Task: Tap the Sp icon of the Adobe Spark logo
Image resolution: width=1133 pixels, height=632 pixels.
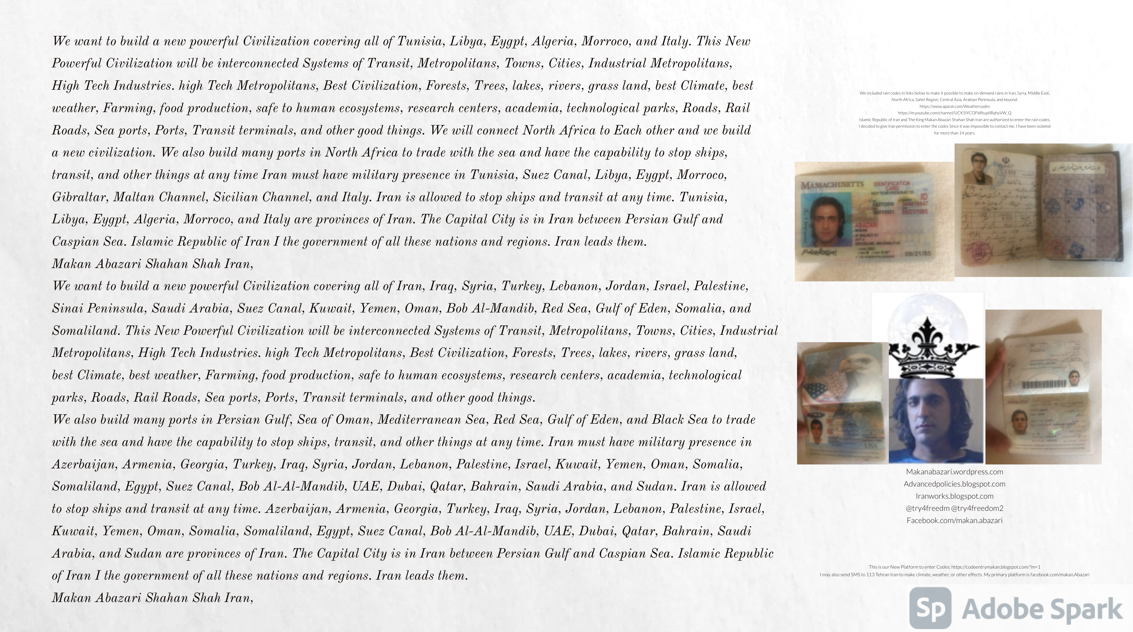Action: click(930, 608)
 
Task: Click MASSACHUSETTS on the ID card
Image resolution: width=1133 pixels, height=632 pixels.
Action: click(832, 185)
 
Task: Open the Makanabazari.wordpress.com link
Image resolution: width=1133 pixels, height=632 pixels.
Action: click(955, 472)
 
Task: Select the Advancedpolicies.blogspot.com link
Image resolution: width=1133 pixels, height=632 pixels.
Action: click(955, 484)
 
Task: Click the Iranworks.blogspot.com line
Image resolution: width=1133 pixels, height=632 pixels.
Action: click(955, 496)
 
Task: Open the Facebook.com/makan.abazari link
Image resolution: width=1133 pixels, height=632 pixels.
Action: click(955, 520)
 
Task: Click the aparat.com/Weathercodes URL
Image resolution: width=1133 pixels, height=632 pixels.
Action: click(955, 106)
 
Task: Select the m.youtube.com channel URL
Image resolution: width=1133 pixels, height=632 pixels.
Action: click(955, 113)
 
